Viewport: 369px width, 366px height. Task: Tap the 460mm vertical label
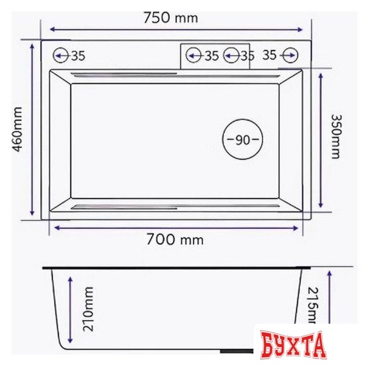[x=17, y=129]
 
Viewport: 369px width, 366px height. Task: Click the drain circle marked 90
[x=242, y=140]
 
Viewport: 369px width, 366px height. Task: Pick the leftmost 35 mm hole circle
[x=60, y=55]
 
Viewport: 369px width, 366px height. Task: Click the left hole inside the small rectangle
[x=193, y=55]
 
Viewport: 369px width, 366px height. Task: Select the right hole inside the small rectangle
[x=232, y=55]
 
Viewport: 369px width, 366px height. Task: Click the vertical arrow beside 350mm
[x=321, y=140]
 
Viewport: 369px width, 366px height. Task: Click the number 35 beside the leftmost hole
[x=78, y=55]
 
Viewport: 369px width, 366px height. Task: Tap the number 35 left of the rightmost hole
[x=270, y=55]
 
